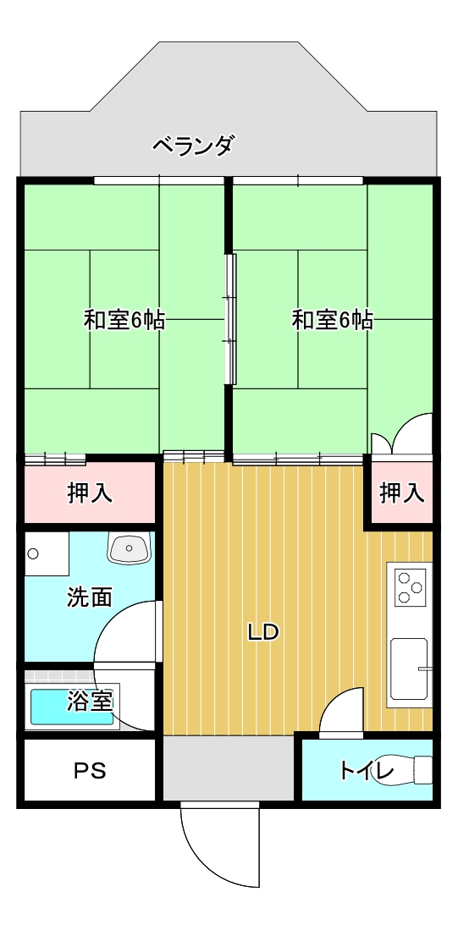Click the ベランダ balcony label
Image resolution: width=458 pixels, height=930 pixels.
point(193,146)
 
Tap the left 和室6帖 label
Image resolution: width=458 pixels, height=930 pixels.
point(124,320)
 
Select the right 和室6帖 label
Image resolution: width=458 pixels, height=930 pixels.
point(332,320)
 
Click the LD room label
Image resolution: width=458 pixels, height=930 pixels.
point(262,633)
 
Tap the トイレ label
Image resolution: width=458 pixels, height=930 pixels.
point(367,771)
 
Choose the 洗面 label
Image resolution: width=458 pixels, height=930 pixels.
point(90,597)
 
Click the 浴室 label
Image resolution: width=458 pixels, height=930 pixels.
point(90,701)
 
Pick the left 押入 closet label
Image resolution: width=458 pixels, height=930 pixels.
point(91,493)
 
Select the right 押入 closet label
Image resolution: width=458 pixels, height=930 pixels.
point(402,493)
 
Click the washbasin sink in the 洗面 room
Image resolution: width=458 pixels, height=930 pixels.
point(128,547)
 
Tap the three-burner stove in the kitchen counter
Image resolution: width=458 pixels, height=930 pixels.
point(411,586)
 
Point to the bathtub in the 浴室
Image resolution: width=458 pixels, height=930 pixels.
point(72,707)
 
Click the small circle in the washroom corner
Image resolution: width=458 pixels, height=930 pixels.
point(33,554)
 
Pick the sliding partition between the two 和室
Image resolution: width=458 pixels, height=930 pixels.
point(229,318)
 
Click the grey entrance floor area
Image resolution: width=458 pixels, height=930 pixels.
point(229,768)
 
